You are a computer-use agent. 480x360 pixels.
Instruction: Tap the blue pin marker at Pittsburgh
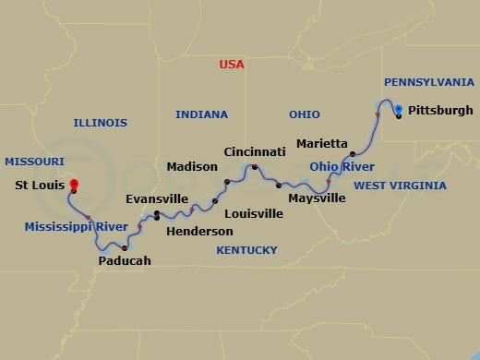tap(398, 110)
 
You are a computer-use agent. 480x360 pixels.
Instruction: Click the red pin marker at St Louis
tap(73, 183)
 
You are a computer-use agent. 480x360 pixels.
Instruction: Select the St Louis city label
tap(40, 184)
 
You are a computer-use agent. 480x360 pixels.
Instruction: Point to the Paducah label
tap(124, 261)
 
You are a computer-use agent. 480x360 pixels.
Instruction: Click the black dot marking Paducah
tap(124, 248)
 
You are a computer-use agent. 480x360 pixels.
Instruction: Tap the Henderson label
tap(199, 231)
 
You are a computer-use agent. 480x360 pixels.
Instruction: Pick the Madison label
tap(192, 167)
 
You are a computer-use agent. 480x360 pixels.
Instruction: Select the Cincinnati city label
tap(254, 150)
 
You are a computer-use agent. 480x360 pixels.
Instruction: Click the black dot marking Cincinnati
tap(254, 167)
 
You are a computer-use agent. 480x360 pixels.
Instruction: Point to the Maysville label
tap(317, 198)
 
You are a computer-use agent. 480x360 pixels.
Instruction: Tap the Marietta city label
tap(322, 144)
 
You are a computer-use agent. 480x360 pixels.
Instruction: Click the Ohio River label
tap(342, 167)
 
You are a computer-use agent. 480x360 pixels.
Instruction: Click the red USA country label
tap(232, 65)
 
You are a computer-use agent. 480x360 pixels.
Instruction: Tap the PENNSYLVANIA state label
tap(428, 82)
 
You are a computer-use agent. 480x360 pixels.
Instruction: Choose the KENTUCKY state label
tap(246, 250)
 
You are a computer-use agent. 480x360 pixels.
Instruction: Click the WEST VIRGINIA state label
tap(400, 186)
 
